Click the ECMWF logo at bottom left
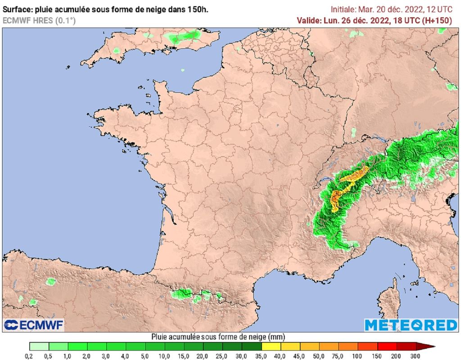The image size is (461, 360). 34,324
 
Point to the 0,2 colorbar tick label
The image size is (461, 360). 29,356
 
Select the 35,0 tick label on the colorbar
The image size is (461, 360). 261,356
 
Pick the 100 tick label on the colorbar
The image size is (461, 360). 358,356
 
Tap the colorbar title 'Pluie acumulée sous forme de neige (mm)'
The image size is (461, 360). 218,337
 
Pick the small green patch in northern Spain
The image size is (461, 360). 51,282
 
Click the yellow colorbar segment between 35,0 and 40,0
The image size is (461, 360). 271,346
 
